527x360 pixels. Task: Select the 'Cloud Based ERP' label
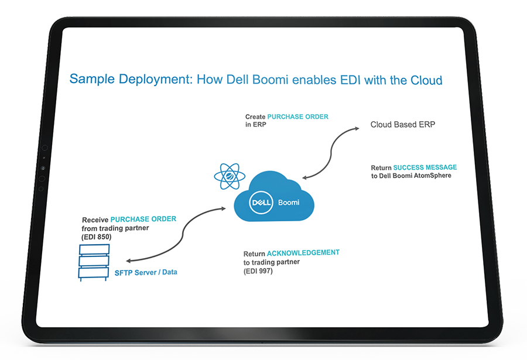pyautogui.click(x=402, y=125)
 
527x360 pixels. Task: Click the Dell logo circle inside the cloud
pyautogui.click(x=259, y=203)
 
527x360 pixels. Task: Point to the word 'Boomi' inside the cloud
pyautogui.click(x=289, y=202)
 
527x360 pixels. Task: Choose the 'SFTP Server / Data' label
pyautogui.click(x=146, y=272)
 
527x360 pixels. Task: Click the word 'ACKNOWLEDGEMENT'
pyautogui.click(x=303, y=253)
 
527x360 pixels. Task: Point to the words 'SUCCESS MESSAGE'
pyautogui.click(x=425, y=167)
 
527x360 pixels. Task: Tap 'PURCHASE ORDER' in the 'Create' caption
pyautogui.click(x=298, y=116)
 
